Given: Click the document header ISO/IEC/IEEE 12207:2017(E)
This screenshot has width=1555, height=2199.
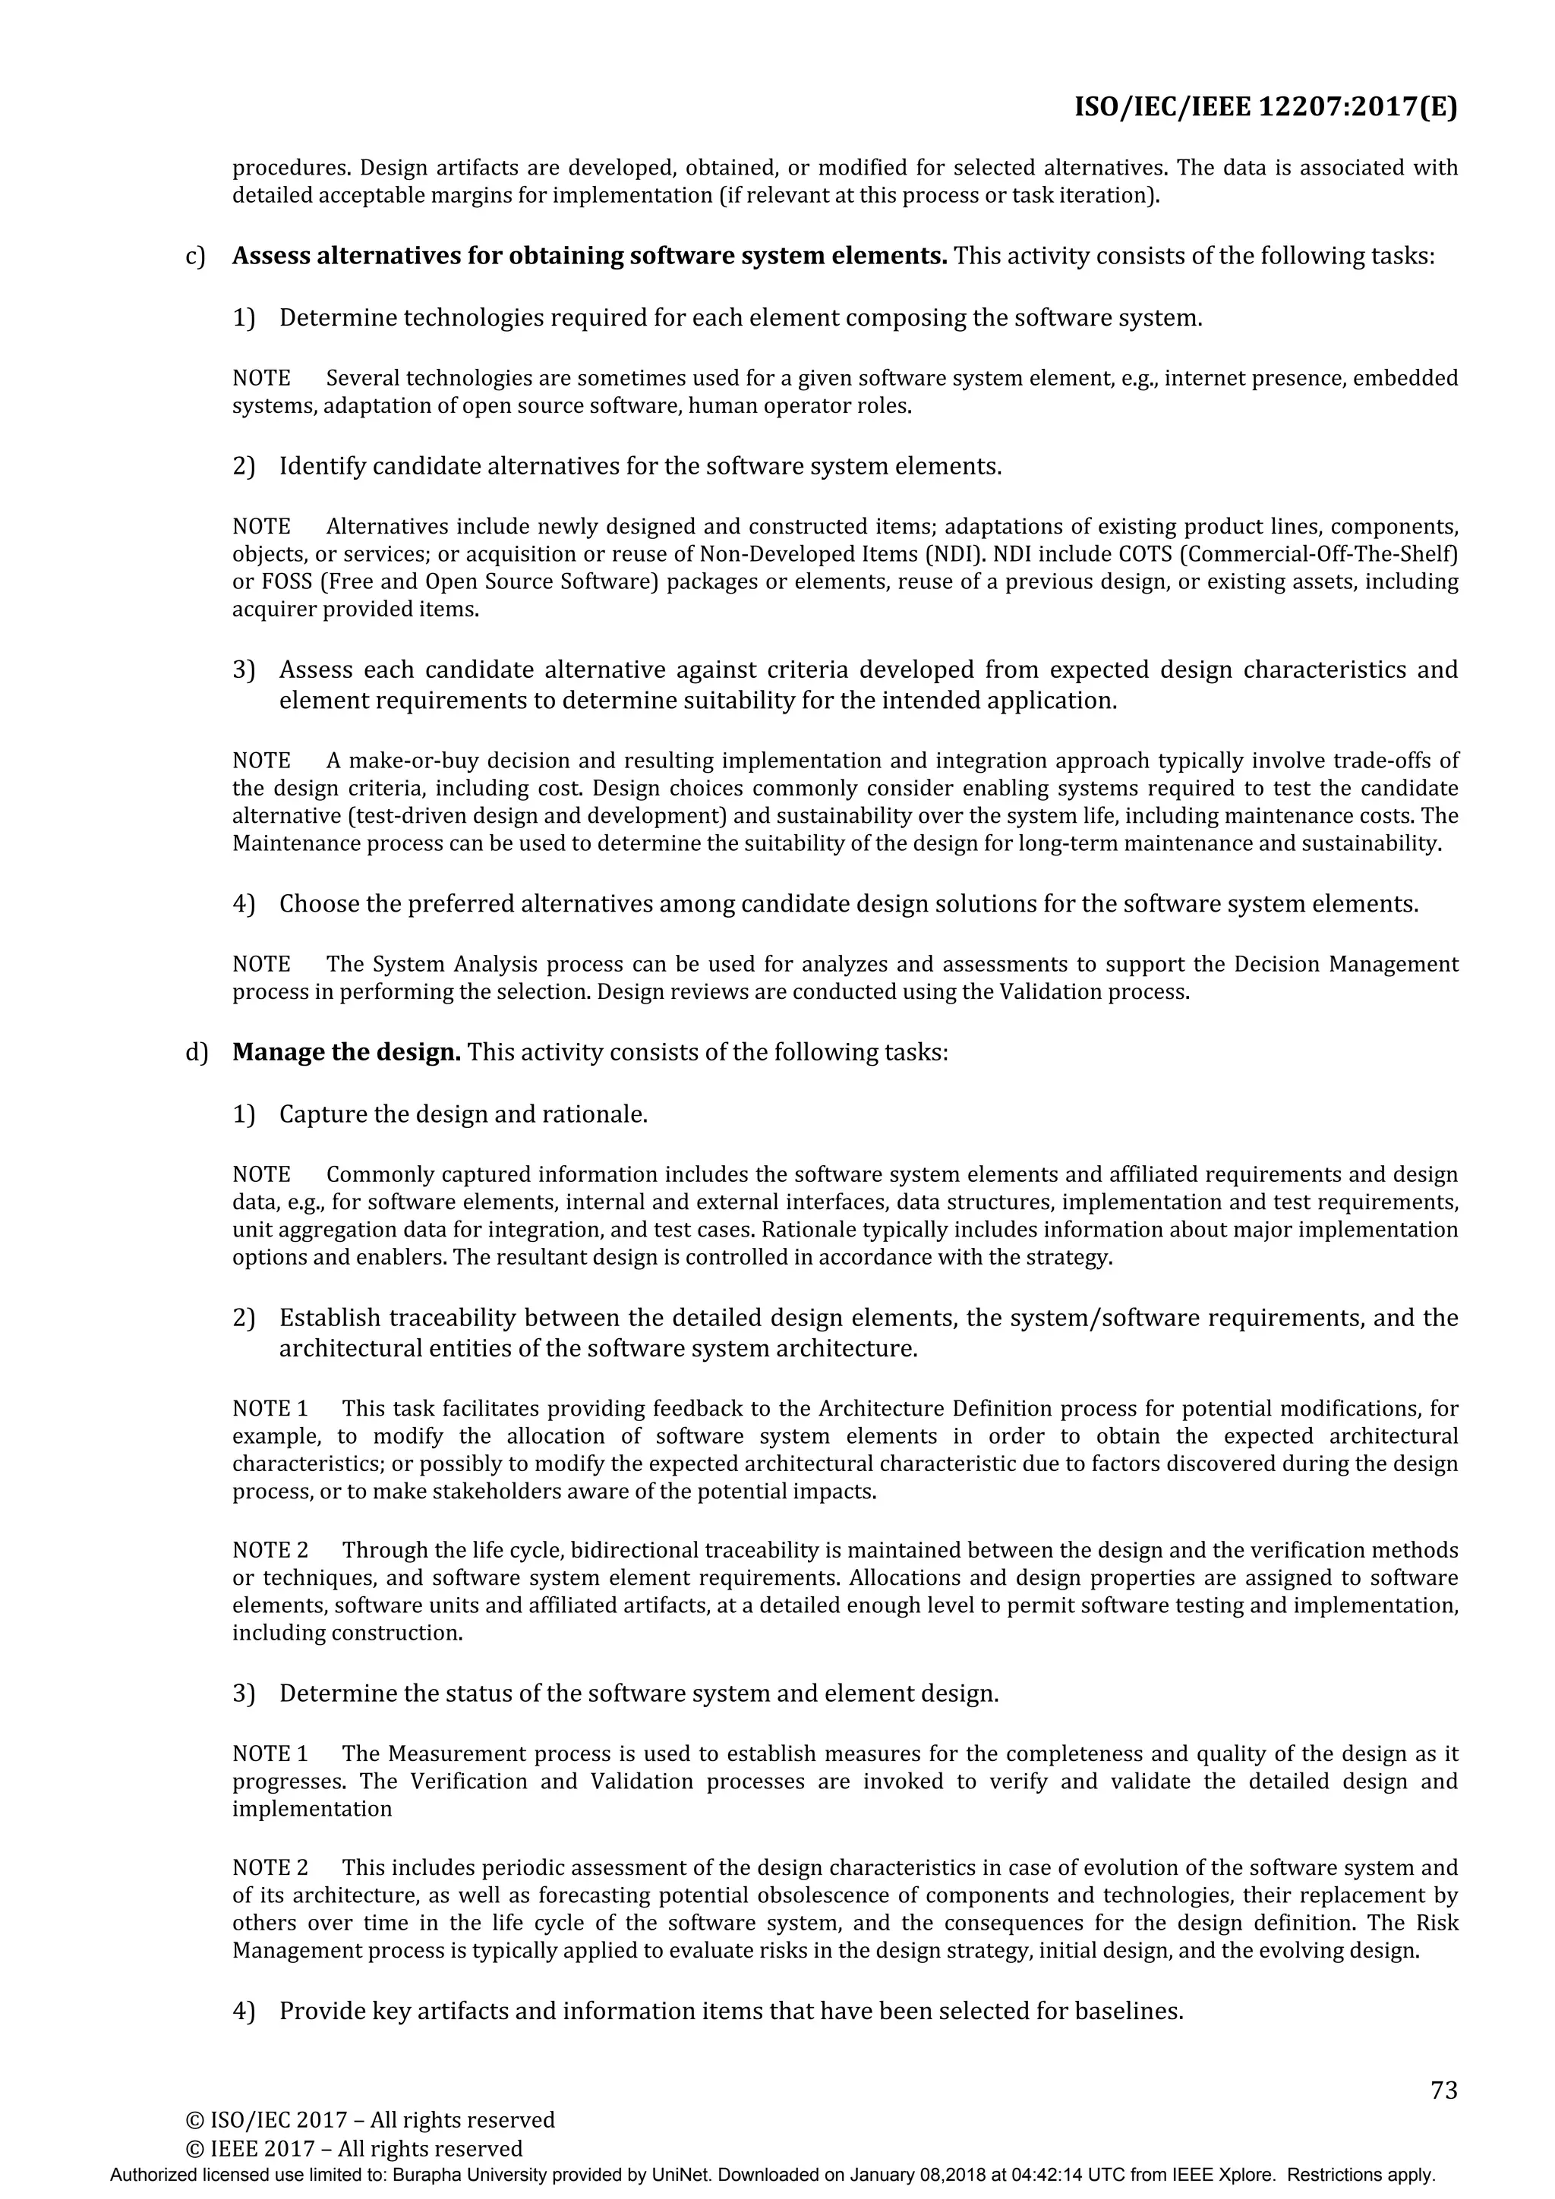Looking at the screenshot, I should [1265, 106].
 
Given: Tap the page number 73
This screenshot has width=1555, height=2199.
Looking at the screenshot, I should [1443, 2090].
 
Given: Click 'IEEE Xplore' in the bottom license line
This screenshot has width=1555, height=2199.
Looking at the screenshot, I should [1236, 2174].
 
